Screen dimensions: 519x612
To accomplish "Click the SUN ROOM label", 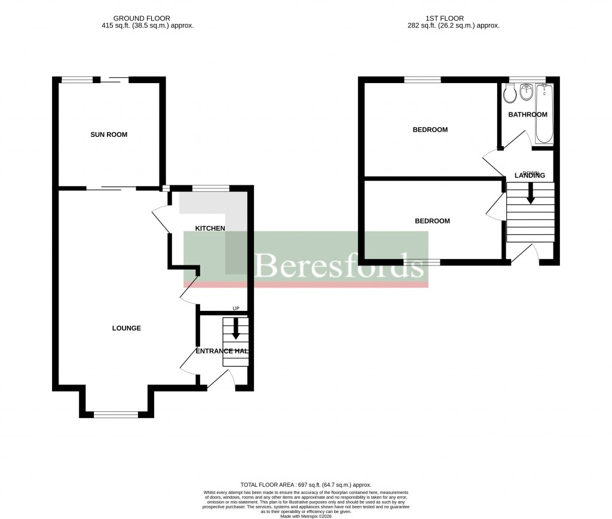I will (109, 135).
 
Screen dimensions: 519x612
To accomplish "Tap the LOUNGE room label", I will (127, 328).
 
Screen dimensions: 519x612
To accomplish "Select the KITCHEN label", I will (210, 228).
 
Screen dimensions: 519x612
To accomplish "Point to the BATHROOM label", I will (527, 114).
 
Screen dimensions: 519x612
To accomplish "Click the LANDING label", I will (530, 175).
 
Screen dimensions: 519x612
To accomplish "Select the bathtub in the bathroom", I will (544, 114).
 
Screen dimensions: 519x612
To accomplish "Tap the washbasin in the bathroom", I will (527, 93).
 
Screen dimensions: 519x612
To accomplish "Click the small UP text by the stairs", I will (236, 309).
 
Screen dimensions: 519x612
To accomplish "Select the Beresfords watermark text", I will (338, 265).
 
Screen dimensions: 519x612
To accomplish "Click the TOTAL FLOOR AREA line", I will (305, 485).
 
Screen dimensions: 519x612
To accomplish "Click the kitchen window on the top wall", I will (210, 188).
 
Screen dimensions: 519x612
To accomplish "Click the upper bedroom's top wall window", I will (423, 80).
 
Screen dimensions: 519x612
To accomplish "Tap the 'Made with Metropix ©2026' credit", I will (305, 516).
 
